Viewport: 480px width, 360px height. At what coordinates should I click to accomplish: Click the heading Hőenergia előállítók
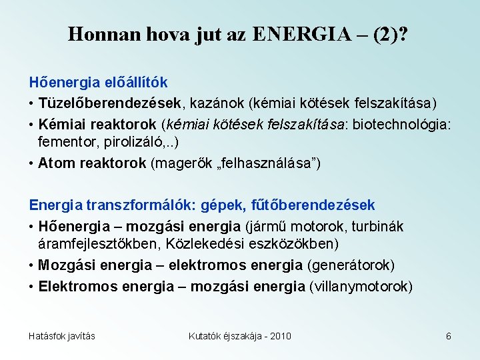pos(98,83)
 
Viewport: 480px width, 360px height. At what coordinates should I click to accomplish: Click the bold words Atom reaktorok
pos(92,163)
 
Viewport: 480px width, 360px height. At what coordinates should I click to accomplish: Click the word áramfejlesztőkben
pos(97,245)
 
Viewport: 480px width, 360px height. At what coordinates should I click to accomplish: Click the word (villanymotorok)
pos(361,287)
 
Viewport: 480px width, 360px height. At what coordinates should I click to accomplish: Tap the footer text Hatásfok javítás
pos(62,336)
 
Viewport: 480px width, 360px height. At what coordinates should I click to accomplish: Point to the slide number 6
pos(449,336)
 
